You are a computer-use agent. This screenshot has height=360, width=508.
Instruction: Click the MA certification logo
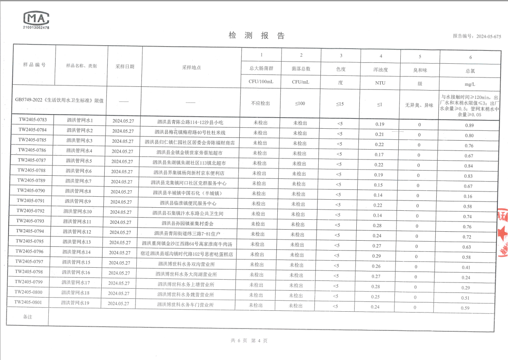click(x=36, y=19)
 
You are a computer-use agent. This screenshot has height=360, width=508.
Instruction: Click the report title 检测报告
click(x=256, y=36)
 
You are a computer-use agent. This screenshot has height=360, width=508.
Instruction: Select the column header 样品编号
click(x=35, y=65)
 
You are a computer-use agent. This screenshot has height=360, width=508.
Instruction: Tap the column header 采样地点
click(x=191, y=67)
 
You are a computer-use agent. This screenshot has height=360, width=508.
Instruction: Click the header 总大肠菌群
click(x=261, y=68)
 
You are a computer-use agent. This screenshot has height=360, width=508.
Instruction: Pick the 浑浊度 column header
click(x=380, y=69)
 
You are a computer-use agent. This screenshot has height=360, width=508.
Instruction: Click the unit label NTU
click(x=380, y=83)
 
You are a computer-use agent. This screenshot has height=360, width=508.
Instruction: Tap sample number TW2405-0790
click(x=31, y=190)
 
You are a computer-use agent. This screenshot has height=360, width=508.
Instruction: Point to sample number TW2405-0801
click(x=29, y=302)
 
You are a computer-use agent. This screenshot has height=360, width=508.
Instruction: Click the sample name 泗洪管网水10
click(x=78, y=211)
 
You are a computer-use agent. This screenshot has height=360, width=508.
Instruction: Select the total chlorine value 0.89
click(x=469, y=125)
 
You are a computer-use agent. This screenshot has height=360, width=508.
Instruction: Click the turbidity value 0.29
click(x=376, y=256)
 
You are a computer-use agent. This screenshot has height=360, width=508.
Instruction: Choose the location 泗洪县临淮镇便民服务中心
click(x=188, y=204)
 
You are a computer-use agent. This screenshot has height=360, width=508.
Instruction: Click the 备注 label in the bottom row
click(x=27, y=317)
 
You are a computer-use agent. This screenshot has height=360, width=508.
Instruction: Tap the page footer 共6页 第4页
click(x=249, y=341)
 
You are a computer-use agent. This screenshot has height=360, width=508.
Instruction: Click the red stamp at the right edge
click(x=503, y=231)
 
